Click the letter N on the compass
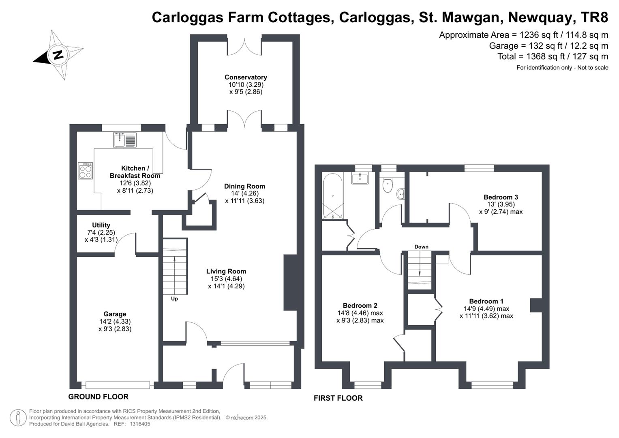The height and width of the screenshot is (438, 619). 58,54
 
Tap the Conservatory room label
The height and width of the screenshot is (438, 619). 246,77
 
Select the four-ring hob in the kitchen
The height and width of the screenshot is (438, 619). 85,171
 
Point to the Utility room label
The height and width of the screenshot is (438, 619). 101,225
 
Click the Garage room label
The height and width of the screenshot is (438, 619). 115,314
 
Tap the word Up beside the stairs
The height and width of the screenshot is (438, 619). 174,298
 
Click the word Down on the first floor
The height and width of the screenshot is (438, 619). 421,247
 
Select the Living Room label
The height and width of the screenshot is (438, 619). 226,271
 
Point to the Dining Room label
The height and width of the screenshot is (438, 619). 244,186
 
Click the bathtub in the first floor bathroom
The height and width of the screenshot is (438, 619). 332,196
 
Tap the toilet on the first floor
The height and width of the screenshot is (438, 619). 388,185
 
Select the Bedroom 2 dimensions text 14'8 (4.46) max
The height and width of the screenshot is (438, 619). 360,313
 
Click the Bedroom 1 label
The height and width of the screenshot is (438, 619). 486,301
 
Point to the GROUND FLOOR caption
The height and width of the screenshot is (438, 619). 98,397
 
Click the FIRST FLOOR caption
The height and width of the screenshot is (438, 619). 338,398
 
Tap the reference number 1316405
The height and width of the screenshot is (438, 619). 140,424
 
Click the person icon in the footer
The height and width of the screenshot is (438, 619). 18,418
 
